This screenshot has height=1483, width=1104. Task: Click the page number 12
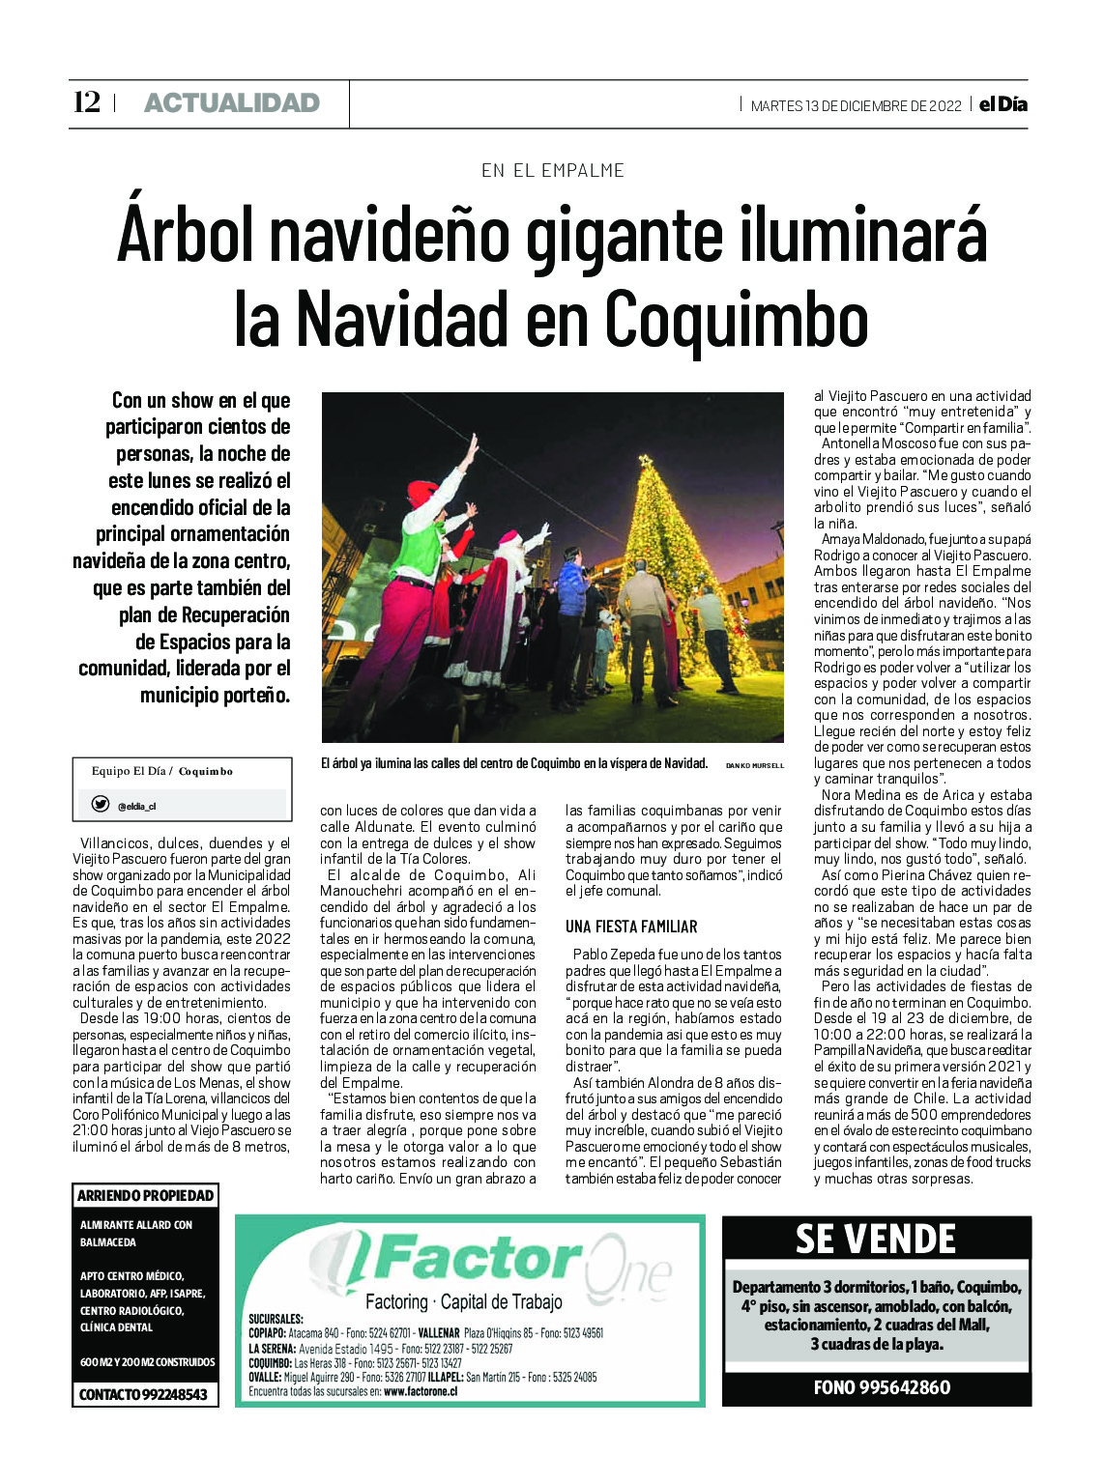86,102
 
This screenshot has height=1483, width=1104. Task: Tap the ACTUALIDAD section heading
231,103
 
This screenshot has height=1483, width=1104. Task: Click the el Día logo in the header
1002,104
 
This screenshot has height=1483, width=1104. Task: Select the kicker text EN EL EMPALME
552,171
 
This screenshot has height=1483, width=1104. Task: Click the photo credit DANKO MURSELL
754,765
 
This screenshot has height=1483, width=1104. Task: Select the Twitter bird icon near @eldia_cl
100,804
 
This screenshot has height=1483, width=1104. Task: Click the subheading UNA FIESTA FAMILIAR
630,927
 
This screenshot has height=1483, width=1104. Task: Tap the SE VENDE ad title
876,1239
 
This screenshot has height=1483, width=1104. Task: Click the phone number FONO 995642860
881,1387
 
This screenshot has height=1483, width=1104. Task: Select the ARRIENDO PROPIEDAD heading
145,1196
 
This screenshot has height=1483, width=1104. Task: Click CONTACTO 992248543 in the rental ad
143,1394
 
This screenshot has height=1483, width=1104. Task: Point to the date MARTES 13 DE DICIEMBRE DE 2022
855,106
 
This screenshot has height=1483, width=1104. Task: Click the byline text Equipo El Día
129,771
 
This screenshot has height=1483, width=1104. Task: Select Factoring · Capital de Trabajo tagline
463,1301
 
